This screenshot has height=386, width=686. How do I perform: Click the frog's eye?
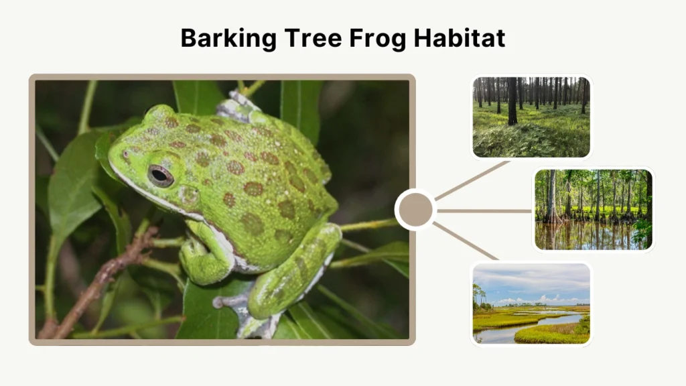tap(160, 176)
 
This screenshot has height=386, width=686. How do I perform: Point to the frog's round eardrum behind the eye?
tap(188, 196)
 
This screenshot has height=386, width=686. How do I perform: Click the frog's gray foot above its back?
tap(236, 107)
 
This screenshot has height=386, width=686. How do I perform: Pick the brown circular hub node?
tap(415, 210)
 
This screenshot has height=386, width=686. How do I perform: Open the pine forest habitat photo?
tap(531, 117)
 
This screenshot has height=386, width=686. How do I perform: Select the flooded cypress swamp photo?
tap(593, 208)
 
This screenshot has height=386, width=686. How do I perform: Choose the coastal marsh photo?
tap(531, 304)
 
